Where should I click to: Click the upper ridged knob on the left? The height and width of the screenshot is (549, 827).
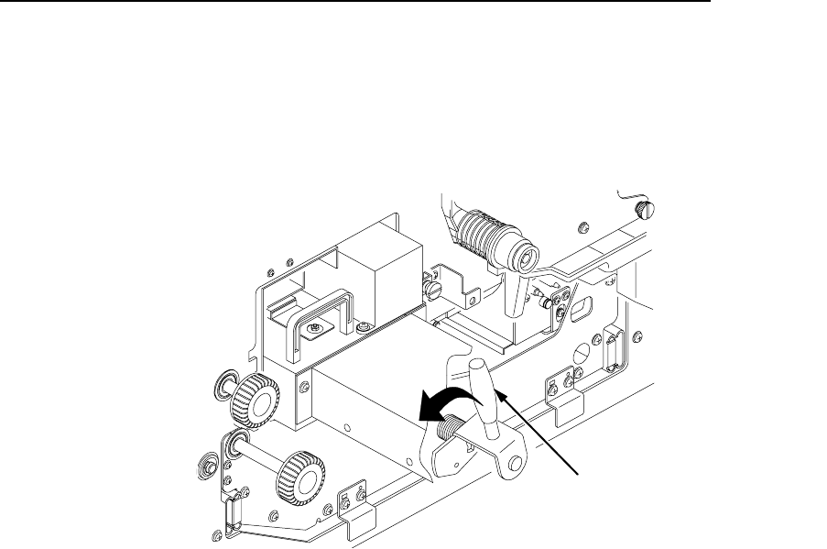click(x=253, y=400)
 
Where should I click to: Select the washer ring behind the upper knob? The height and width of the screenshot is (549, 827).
click(x=225, y=383)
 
